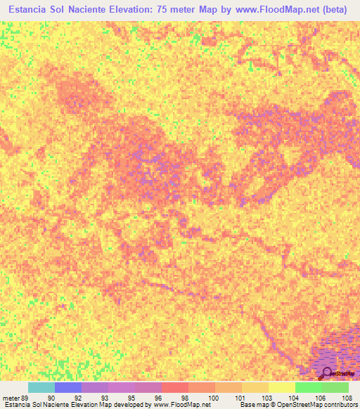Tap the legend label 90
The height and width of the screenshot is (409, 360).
pyautogui.click(x=51, y=397)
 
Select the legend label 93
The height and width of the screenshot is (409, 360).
pyautogui.click(x=104, y=397)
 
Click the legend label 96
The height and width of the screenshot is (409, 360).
pyautogui.click(x=157, y=397)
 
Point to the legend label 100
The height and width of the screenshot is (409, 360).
pyautogui.click(x=211, y=397)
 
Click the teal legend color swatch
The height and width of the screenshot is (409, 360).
pyautogui.click(x=41, y=387)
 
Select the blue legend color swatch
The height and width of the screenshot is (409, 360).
pyautogui.click(x=67, y=387)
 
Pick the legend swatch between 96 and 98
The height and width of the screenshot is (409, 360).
pyautogui.click(x=174, y=387)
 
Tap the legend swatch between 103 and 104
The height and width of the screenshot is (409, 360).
pyautogui.click(x=281, y=387)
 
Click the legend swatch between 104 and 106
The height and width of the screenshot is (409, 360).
pyautogui.click(x=308, y=387)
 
